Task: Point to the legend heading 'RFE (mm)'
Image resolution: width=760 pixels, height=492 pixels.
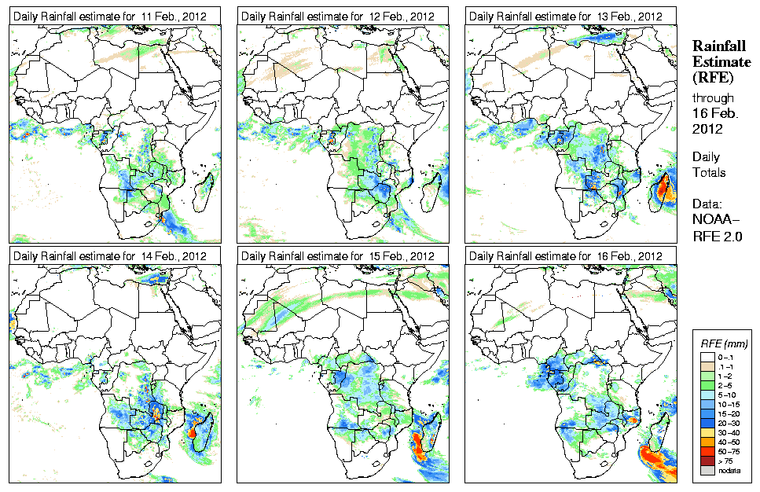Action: (724, 343)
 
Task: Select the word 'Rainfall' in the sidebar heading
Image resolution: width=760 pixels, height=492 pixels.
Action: (718, 46)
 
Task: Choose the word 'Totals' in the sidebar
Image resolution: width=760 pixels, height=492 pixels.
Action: (708, 172)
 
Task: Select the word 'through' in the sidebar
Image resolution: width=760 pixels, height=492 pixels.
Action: (712, 98)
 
